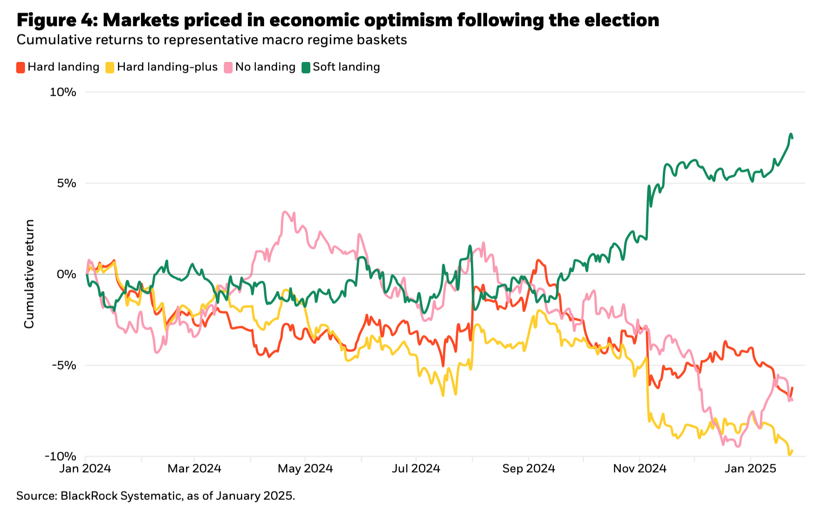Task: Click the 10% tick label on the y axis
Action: [x=63, y=92]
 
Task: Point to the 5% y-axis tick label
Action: [x=67, y=183]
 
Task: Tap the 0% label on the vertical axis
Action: [x=67, y=274]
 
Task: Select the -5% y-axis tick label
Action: [x=64, y=365]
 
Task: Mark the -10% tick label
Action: [x=61, y=456]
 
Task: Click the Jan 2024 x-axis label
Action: [x=85, y=469]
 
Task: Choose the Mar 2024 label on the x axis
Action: [x=194, y=469]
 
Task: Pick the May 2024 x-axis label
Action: [x=305, y=469]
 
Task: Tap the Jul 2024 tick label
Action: [x=416, y=469]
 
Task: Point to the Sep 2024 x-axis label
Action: [x=529, y=469]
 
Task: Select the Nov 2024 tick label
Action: [x=640, y=469]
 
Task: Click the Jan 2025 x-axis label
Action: [x=750, y=469]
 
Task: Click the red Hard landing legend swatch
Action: [x=21, y=68]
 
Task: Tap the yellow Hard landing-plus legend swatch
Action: [x=110, y=68]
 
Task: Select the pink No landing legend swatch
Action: [x=228, y=68]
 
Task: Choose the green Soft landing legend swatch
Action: [x=306, y=68]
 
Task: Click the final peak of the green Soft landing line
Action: [x=790, y=134]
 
